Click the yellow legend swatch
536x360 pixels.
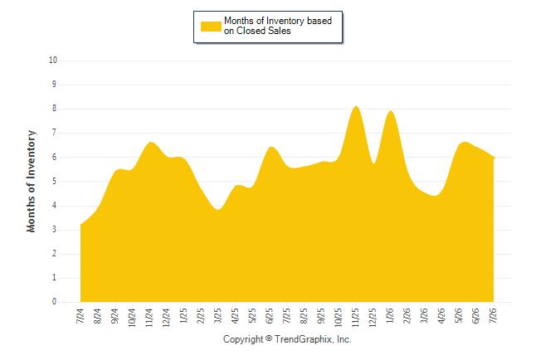click(x=211, y=27)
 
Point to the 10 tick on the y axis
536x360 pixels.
click(x=53, y=61)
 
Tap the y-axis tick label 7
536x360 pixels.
click(x=54, y=133)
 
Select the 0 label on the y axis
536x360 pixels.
click(x=54, y=302)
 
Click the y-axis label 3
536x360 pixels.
click(x=54, y=230)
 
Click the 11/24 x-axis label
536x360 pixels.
click(x=149, y=318)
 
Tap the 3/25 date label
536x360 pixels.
click(x=217, y=315)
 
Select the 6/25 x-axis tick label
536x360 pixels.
click(x=270, y=315)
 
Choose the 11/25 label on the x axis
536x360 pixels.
click(x=355, y=318)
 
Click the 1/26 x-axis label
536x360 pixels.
click(x=390, y=315)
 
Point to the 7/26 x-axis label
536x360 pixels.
click(x=494, y=315)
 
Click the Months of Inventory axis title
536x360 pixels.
click(x=31, y=181)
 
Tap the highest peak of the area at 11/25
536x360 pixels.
click(x=356, y=106)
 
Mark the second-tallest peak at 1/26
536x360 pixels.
click(x=390, y=111)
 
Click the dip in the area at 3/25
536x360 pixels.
click(x=218, y=210)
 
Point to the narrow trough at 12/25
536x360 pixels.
click(x=374, y=163)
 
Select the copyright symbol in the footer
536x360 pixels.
click(x=269, y=338)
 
